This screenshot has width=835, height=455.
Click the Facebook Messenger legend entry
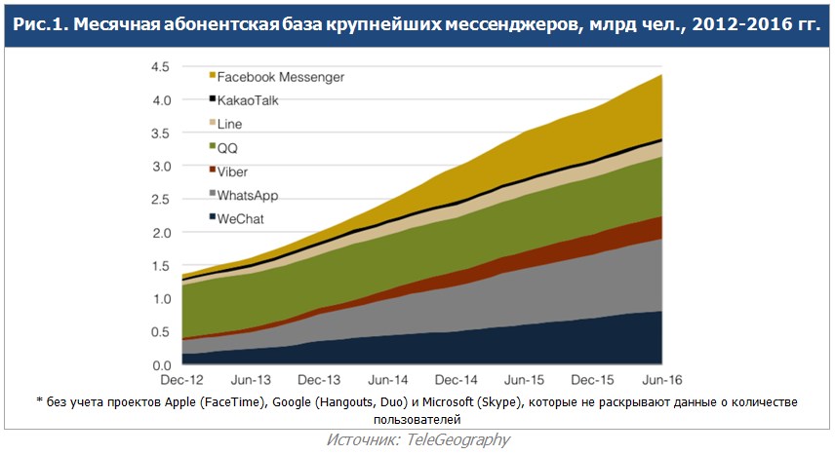(281, 76)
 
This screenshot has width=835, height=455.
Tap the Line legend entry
(230, 124)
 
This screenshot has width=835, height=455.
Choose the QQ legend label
(227, 148)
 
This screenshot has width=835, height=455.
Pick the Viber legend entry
(232, 171)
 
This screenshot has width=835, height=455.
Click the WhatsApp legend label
(247, 196)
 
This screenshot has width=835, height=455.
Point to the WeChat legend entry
(241, 219)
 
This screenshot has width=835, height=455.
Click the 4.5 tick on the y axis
(161, 66)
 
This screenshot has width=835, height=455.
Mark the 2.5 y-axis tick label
(161, 200)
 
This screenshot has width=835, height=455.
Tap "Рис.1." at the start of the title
(39, 23)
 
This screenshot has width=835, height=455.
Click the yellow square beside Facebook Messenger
(213, 76)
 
